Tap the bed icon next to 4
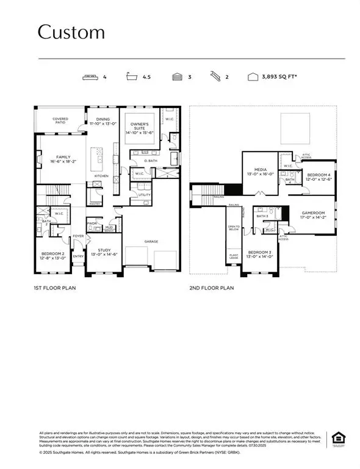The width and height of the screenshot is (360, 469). (90, 78)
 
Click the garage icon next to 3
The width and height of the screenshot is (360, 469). (176, 78)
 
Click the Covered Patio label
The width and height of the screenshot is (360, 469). (60, 121)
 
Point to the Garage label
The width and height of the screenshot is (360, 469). (151, 241)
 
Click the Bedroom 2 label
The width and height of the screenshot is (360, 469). (53, 255)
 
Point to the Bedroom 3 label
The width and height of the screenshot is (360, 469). (261, 255)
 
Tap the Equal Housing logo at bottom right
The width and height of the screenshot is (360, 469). (336, 438)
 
